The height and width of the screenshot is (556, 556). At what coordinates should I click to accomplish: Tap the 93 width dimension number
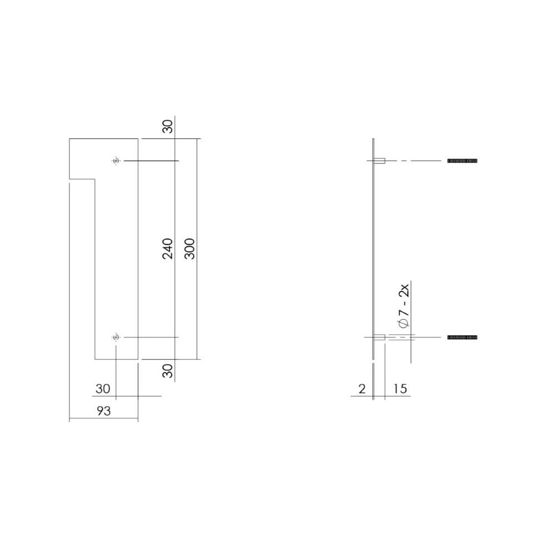coord(103,411)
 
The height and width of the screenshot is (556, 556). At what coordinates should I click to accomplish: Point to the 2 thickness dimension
coord(362,389)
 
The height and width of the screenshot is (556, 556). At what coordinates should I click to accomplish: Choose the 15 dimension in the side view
coord(399,389)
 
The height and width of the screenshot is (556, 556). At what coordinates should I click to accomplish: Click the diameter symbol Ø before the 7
coord(404,324)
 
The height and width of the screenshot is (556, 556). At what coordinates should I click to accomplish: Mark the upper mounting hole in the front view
coord(116,161)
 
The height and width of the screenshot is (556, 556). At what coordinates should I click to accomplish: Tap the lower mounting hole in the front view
coord(116,337)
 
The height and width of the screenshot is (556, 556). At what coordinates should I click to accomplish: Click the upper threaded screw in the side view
coord(463,161)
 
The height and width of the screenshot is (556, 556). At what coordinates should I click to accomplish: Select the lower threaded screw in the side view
coord(463,337)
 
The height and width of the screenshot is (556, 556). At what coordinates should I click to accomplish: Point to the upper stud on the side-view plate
coord(380,161)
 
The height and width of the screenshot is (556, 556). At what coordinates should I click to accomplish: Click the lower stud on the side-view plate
coord(380,337)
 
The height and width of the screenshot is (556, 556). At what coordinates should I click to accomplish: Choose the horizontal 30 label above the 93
coord(103,389)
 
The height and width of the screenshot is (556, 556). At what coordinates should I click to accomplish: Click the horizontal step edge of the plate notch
coord(81,179)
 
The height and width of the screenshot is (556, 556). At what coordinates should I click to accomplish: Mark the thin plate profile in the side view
coord(374,250)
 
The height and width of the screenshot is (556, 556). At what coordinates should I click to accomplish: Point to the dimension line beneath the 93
coord(103,420)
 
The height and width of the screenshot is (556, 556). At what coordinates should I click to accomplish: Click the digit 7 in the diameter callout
coord(404,312)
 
